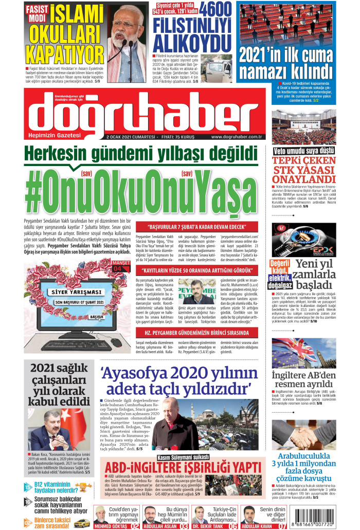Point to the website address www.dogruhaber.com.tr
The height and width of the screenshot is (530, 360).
point(237,137)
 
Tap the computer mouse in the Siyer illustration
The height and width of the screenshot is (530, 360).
point(117,342)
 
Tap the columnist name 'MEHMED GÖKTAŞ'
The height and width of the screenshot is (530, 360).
point(111,526)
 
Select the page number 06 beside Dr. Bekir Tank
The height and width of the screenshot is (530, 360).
point(233,526)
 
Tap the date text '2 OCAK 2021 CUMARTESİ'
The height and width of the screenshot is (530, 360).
point(132,137)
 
